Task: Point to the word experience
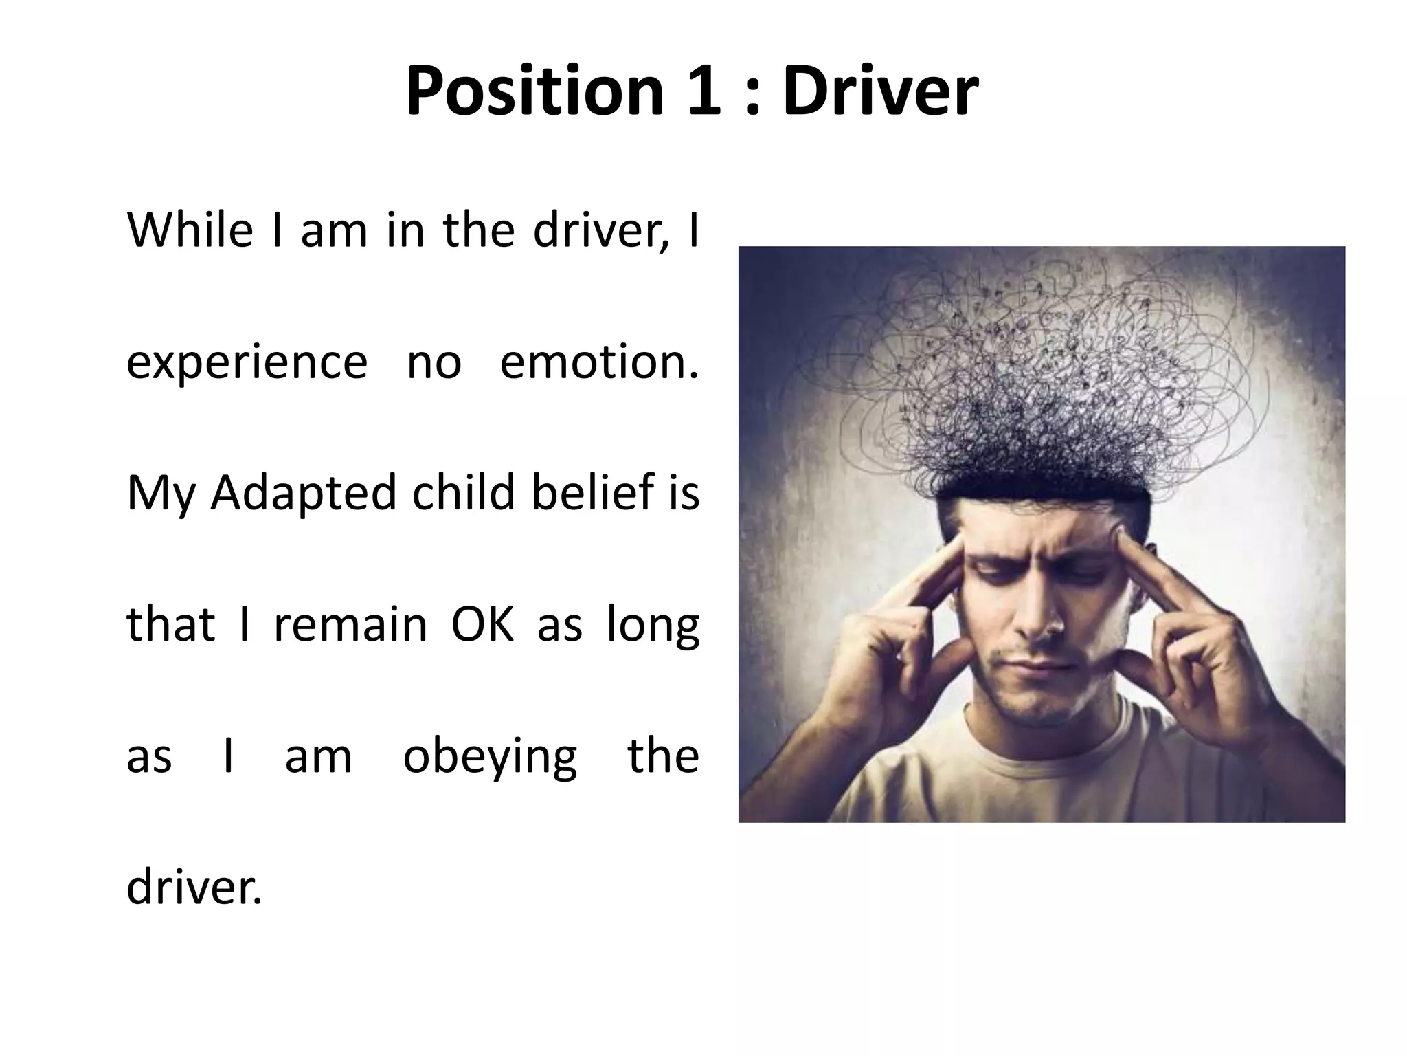247,362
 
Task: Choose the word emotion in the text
598,362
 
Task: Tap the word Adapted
304,494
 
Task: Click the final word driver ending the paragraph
194,888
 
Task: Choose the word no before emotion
434,363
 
